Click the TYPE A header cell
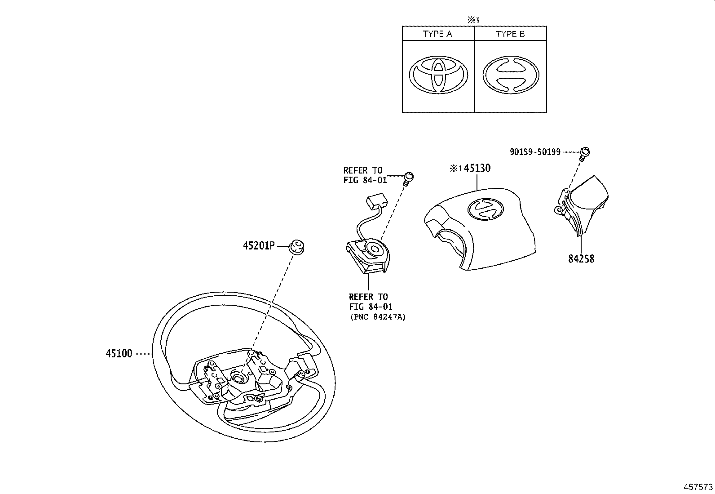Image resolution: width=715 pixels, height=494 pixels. coord(437,34)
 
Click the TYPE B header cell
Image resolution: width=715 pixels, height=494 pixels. coord(510,34)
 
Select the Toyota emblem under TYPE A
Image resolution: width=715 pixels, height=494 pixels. coord(438,75)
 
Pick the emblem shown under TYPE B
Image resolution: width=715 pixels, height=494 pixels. coord(511,75)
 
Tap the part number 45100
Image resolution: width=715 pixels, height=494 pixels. coord(119,354)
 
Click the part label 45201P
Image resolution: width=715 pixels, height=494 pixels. coord(258,246)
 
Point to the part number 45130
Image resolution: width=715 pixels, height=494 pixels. coord(477,168)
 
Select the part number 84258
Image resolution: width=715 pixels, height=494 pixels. coord(581,259)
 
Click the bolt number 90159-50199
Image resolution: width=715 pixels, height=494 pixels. coord(535,152)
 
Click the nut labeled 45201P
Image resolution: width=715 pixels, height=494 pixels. coord(296,247)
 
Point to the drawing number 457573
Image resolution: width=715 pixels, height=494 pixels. coord(698,487)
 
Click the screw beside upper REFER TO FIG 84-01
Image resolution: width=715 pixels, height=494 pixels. coord(408,178)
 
